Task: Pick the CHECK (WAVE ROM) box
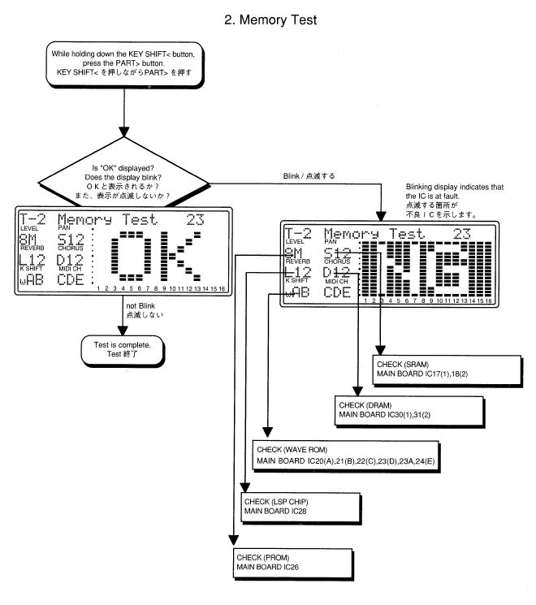click(344, 455)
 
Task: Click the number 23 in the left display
click(197, 219)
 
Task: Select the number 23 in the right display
click(463, 234)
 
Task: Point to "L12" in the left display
click(32, 260)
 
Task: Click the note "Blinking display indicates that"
click(454, 187)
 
